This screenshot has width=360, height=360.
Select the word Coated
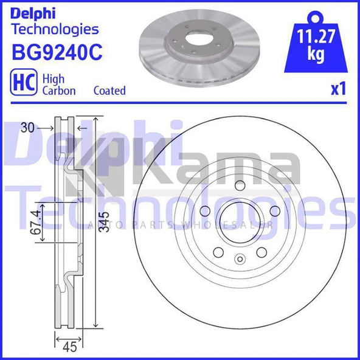coord(109,91)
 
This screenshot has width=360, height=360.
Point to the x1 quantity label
coord(337,90)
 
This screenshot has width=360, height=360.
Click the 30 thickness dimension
coord(26,128)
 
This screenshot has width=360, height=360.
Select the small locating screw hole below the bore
coord(239,261)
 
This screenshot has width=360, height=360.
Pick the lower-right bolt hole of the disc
coord(261,251)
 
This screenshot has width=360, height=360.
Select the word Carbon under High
coord(58,91)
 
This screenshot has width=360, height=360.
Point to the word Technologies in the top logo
coord(55,29)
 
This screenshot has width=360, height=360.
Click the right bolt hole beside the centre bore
coord(274,210)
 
